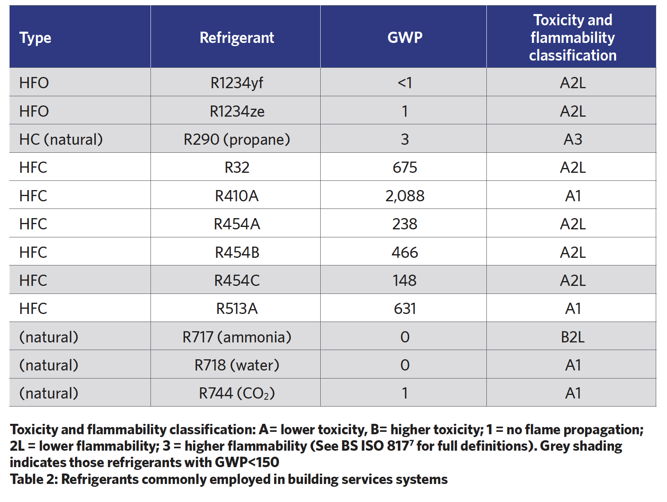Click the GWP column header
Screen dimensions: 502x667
pos(405,37)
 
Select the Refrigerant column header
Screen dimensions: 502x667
pos(237,37)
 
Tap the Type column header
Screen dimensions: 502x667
pos(35,38)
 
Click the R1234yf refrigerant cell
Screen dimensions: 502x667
pos(237,83)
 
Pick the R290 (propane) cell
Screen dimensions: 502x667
pos(237,139)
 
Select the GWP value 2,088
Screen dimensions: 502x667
pos(405,196)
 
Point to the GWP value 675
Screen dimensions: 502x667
pos(405,167)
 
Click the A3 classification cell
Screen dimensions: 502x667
pos(572,139)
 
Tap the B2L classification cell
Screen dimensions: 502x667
pos(572,337)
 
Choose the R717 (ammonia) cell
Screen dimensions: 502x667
pos(237,337)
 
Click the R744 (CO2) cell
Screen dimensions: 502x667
pos(237,393)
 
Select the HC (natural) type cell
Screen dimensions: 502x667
pos(61,139)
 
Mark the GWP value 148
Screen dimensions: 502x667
pos(405,280)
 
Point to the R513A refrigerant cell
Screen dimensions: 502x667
pos(237,308)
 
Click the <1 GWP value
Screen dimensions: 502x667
pos(405,83)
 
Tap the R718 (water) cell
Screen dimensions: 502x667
pos(237,365)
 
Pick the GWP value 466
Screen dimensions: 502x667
pos(405,252)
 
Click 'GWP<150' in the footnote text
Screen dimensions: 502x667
pos(247,462)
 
